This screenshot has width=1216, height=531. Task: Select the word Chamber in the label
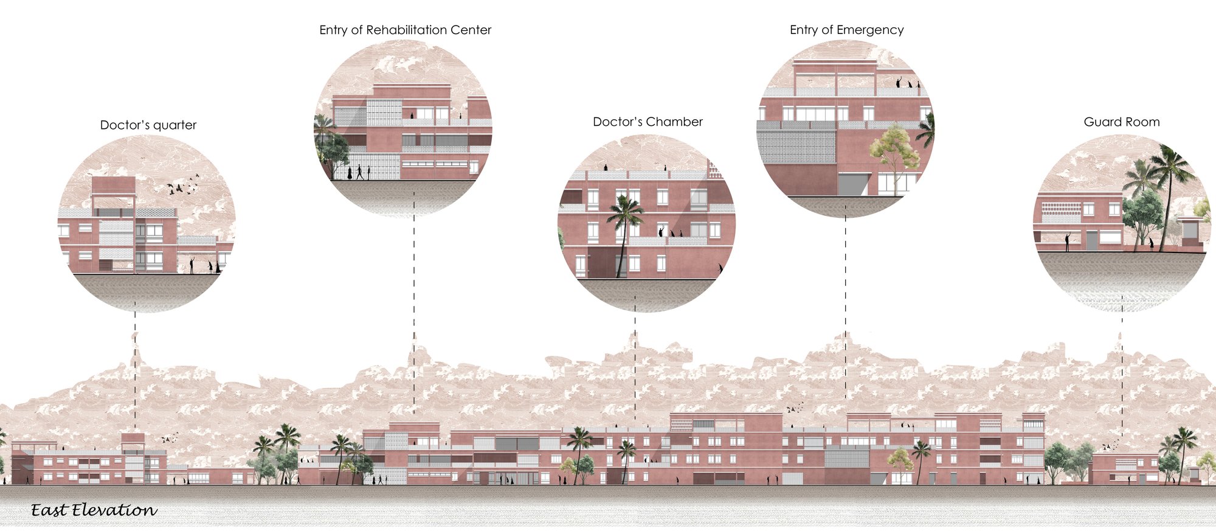674,122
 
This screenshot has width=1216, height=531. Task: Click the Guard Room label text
1122,122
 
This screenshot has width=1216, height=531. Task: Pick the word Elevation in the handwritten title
114,510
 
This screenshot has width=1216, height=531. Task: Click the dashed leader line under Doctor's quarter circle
135,373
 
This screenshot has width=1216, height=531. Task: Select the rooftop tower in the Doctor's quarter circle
114,193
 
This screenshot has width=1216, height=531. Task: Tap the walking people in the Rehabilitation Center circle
359,172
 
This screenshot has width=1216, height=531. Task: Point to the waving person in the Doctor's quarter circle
192,265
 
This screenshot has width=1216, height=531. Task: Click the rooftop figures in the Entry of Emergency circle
908,83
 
